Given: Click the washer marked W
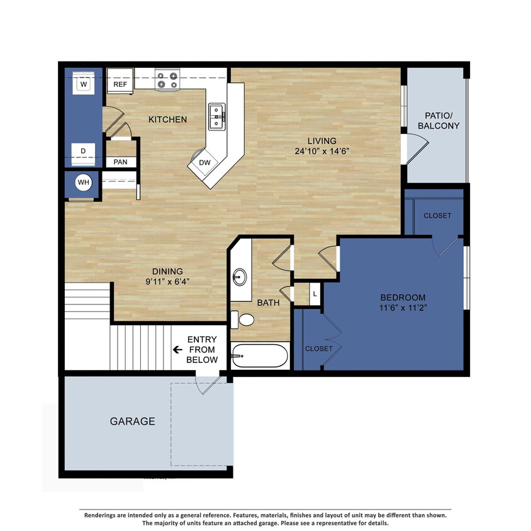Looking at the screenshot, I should [x=82, y=82].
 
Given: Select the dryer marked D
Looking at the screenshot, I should [x=82, y=152].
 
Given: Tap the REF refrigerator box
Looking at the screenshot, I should [x=120, y=83].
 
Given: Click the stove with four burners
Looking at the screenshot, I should [x=167, y=80].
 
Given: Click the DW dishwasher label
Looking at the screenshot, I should [x=204, y=162].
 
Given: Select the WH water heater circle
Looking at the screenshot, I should [x=83, y=183].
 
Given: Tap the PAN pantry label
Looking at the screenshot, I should [x=120, y=162].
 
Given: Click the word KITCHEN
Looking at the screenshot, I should [x=167, y=119].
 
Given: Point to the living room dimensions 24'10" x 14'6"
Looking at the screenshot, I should [x=321, y=151].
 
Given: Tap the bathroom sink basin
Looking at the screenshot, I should [x=240, y=277].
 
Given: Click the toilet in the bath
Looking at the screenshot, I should [x=243, y=320].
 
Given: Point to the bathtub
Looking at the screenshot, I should [x=260, y=357].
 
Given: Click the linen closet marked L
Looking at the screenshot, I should [x=314, y=293].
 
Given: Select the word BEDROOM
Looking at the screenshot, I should [x=403, y=298].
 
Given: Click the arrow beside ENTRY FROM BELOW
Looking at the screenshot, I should [x=178, y=349].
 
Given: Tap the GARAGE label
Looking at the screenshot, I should [x=132, y=422].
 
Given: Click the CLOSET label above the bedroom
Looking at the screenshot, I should [x=437, y=215].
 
